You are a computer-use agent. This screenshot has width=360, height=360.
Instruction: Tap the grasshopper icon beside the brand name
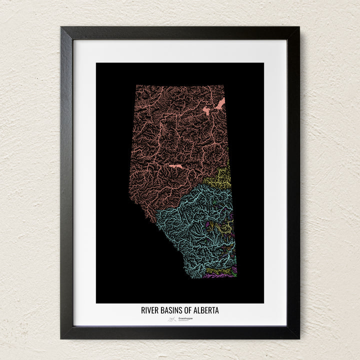[x=172, y=318]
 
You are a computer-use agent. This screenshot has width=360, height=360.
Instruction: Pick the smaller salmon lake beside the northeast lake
[x=206, y=111]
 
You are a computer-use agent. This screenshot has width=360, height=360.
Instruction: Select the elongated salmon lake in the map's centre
[x=175, y=165]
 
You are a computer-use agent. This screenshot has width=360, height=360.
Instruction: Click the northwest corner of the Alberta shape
[x=135, y=85]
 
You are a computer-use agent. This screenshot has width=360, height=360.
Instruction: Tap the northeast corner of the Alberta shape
[x=224, y=85]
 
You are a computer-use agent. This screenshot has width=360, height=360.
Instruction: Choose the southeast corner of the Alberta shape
[x=236, y=275]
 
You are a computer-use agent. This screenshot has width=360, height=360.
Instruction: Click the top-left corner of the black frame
[x=61, y=27]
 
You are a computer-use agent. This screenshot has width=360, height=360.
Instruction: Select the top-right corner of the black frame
[x=298, y=27]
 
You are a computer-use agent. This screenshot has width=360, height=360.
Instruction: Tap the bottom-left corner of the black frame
[x=61, y=338]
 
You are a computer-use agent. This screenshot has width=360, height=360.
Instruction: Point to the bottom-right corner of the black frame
[x=298, y=338]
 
